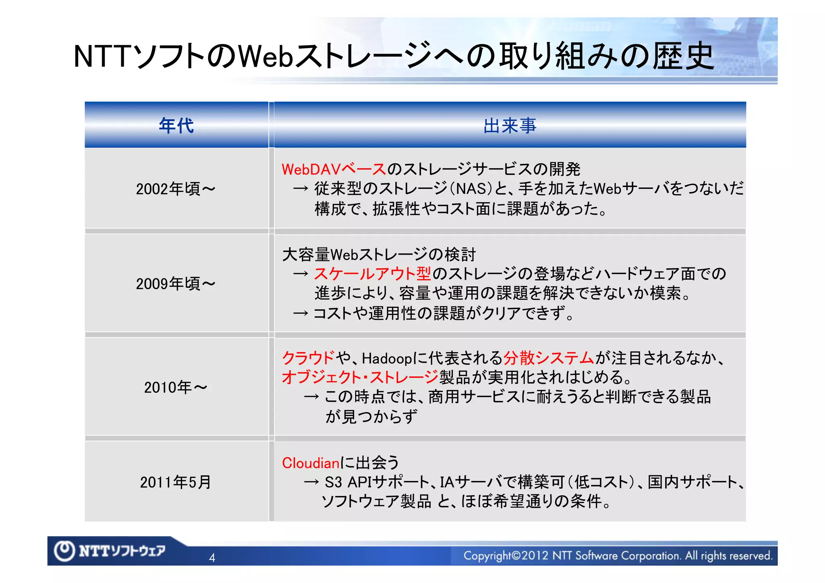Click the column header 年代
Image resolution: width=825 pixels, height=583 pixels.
(176, 125)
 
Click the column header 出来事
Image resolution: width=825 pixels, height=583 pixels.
(510, 126)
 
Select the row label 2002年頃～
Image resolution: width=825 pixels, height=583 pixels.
(176, 189)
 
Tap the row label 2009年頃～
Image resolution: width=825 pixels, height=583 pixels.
(176, 284)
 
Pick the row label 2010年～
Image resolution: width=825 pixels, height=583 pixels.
(176, 387)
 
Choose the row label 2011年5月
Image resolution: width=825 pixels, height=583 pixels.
(176, 482)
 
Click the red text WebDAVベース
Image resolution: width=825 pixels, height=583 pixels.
(334, 170)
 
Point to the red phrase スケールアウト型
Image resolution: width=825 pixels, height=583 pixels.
(373, 274)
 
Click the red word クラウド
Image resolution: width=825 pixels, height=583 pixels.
(308, 358)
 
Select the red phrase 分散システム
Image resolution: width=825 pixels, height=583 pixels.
(549, 358)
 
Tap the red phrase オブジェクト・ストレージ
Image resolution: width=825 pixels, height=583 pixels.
(360, 378)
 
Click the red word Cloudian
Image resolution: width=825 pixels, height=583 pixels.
(311, 463)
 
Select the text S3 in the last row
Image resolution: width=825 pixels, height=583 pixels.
(333, 482)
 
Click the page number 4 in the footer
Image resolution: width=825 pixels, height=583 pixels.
(212, 558)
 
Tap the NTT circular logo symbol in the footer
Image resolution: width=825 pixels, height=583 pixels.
(64, 550)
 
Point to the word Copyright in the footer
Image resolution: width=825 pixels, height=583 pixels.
(487, 556)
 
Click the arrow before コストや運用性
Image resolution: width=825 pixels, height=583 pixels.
(301, 313)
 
